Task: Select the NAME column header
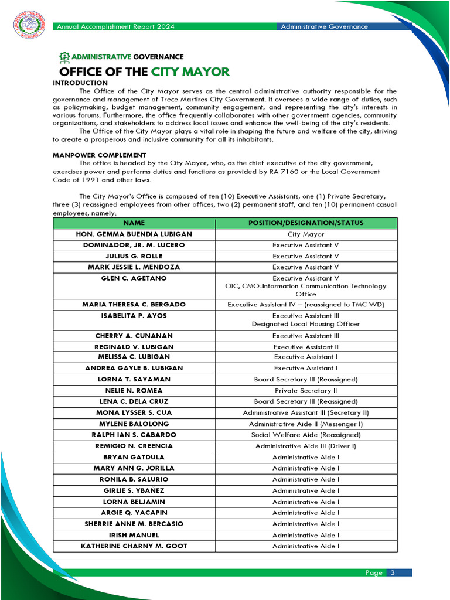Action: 134,223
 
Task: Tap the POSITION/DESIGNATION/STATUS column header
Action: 306,223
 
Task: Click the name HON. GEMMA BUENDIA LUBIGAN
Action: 134,234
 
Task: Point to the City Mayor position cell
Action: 306,234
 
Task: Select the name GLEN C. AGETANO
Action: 134,278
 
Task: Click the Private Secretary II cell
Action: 306,390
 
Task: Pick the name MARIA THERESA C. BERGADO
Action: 134,305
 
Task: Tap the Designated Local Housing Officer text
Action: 306,324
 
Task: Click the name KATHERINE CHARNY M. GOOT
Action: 134,546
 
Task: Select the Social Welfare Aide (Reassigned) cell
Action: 306,435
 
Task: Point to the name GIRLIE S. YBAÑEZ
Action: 134,490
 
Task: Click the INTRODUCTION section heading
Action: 80,83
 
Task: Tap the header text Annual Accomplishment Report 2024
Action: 115,26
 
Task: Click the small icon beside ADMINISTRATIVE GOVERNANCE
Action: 64,57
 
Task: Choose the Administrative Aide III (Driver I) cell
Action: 306,446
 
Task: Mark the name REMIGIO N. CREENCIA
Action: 134,446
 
